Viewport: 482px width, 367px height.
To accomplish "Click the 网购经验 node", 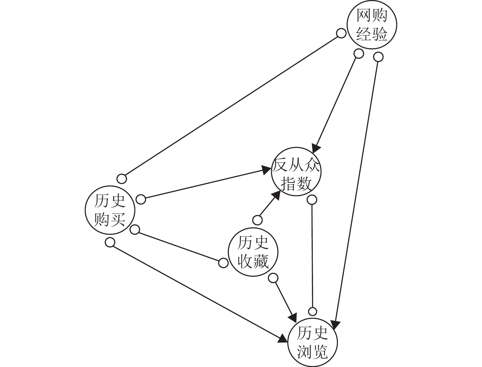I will pos(372,25).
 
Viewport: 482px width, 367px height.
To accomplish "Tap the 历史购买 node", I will pos(110,210).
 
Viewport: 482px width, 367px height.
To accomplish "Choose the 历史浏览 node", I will pos(312,342).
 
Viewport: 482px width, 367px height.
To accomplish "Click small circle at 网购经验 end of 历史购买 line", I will pos(341,33).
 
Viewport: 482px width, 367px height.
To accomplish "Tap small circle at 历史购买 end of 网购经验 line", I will pos(121,179).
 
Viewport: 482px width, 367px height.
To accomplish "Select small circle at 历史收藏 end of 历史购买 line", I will pos(223,262).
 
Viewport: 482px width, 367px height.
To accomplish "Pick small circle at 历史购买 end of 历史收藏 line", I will pos(135,229).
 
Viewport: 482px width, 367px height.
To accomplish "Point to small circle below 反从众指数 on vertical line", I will pos(312,200).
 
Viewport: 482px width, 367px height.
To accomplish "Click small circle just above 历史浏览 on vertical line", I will pos(312,311).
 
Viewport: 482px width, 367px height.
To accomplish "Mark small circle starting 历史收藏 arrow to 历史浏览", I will pos(273,278).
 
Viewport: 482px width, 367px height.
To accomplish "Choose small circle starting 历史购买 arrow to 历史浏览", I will pos(110,242).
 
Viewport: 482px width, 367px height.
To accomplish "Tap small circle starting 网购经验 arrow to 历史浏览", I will pos(378,57).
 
